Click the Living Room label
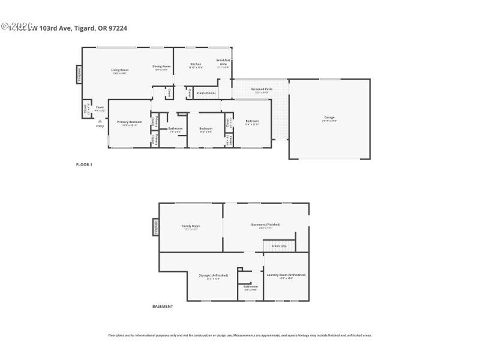(x=120, y=70)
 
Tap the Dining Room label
(x=161, y=67)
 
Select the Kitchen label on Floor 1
(x=196, y=64)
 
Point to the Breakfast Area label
(x=223, y=62)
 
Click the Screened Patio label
(x=262, y=89)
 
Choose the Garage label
(x=329, y=117)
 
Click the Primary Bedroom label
(x=130, y=122)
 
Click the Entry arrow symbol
(x=100, y=121)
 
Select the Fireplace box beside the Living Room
(x=79, y=74)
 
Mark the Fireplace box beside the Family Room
(x=156, y=227)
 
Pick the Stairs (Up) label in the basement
(x=279, y=246)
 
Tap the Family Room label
(x=191, y=226)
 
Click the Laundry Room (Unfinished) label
(x=286, y=275)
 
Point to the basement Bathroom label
(x=250, y=286)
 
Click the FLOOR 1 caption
(x=84, y=164)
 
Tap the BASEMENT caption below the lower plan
(x=163, y=306)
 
